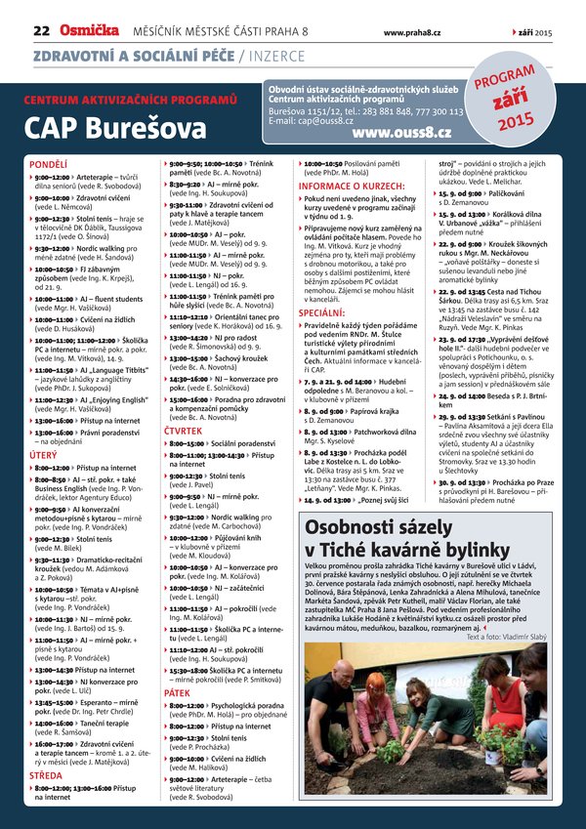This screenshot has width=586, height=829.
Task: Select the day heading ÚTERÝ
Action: [44, 454]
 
